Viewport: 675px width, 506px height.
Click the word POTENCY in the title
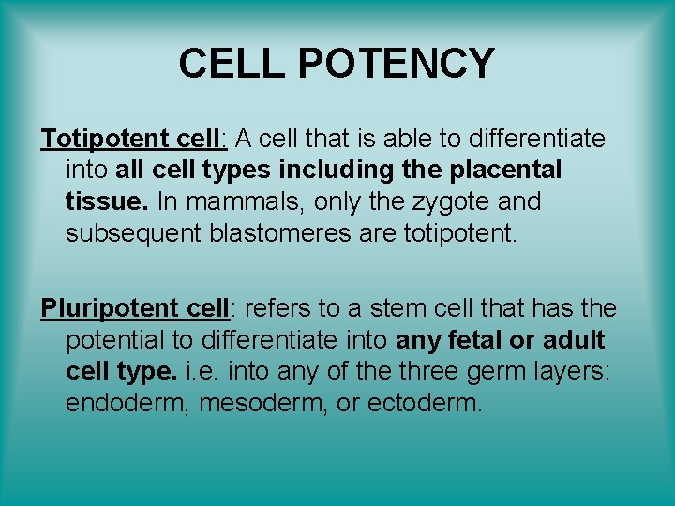397,64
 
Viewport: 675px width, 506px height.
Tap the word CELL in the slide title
233,64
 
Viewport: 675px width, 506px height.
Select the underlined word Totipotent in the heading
104,140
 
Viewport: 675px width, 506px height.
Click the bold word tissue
106,201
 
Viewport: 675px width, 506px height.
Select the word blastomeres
279,232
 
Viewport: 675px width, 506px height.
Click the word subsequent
132,232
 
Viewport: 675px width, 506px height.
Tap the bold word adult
568,339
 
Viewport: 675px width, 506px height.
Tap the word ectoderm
439,403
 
